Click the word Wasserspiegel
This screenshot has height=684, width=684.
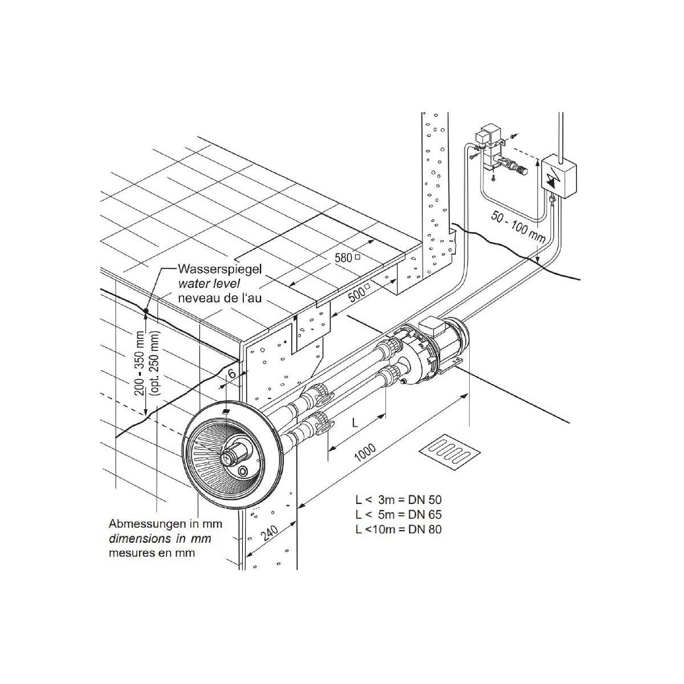pyautogui.click(x=219, y=269)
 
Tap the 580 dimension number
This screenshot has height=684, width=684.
pyautogui.click(x=343, y=258)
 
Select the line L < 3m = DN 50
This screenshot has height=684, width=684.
pyautogui.click(x=398, y=500)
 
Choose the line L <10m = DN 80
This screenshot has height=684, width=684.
pyautogui.click(x=398, y=529)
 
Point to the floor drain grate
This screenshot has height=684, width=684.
pyautogui.click(x=450, y=452)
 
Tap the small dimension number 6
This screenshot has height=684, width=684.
pyautogui.click(x=232, y=374)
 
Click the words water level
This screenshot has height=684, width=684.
pyautogui.click(x=209, y=284)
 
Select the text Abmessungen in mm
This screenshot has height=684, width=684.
pyautogui.click(x=165, y=523)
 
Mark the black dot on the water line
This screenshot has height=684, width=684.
pyautogui.click(x=146, y=311)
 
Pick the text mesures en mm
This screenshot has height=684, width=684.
pyautogui.click(x=152, y=553)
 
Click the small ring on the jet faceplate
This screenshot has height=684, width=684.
pyautogui.click(x=243, y=471)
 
